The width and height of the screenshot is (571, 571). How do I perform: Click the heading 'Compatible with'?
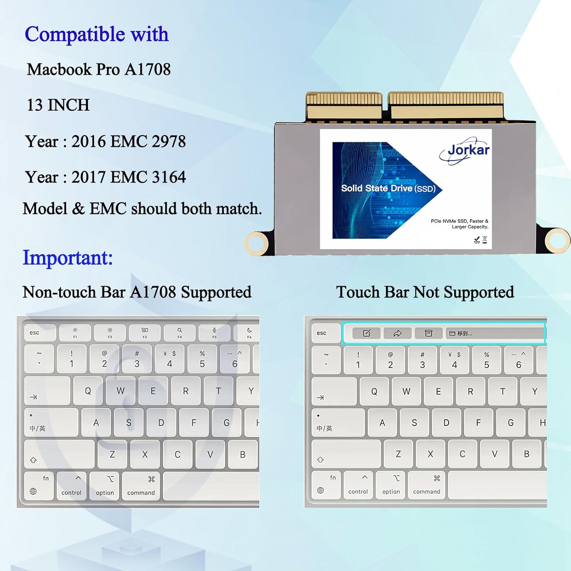(97, 34)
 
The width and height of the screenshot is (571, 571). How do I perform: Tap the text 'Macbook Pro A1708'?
(99, 70)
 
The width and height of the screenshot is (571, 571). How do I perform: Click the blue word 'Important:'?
(68, 258)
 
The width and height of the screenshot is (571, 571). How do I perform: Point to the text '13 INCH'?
(58, 105)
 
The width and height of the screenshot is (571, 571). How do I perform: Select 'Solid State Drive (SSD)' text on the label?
(388, 188)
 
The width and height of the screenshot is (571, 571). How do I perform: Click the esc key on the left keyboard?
(40, 333)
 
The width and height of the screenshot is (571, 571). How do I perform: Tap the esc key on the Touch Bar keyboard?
(326, 333)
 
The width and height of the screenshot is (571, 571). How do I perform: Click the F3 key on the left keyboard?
(145, 333)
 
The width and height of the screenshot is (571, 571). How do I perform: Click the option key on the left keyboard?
(105, 486)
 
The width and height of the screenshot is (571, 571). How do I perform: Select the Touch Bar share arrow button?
(397, 333)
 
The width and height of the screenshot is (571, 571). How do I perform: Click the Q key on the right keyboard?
(374, 391)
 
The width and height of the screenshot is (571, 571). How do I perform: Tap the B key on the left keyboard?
(242, 455)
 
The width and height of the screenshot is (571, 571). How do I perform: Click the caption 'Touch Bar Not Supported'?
(425, 292)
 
